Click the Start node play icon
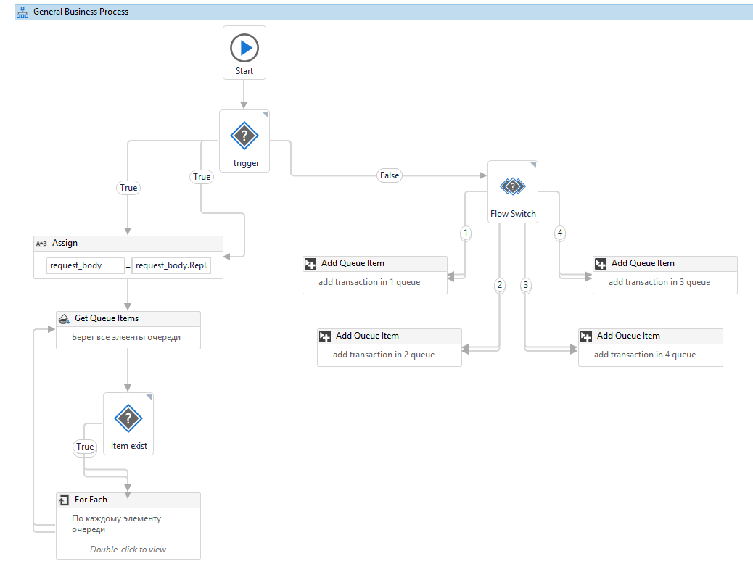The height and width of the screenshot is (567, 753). tap(244, 48)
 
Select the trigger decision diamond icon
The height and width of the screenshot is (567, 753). tap(244, 136)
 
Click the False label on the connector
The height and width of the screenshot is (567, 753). tap(390, 175)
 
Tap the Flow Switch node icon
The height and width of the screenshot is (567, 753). tap(513, 186)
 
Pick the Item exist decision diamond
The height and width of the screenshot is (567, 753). tap(128, 418)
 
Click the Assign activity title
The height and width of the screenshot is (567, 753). tap(65, 243)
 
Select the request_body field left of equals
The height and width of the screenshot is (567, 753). tap(86, 265)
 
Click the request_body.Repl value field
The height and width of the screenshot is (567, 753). tap(171, 265)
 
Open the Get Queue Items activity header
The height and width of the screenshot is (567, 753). tap(128, 319)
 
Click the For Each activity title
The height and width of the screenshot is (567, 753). tap(91, 500)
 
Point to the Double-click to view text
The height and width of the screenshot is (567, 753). tap(128, 550)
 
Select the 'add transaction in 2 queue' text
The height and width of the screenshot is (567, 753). tap(384, 355)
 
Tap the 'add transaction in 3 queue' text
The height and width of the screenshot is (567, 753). tap(659, 282)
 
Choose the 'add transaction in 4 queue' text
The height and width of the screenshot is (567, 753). tap(645, 355)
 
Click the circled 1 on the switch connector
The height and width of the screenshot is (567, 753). tap(465, 233)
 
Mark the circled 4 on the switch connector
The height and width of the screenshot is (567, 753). tap(560, 233)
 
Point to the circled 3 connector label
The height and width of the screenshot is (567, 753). tap(526, 285)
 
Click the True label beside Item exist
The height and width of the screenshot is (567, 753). tap(85, 447)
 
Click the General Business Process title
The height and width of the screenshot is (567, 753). tap(81, 12)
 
